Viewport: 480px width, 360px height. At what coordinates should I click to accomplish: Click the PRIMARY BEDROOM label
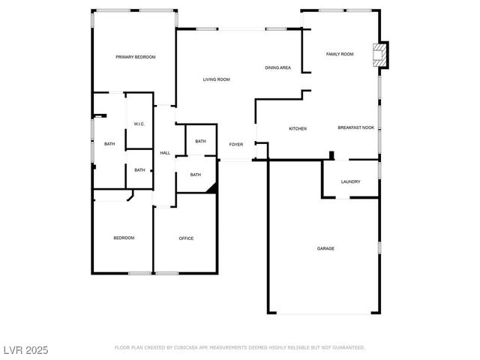(x=135, y=57)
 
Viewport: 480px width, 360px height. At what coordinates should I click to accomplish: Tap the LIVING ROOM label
(x=216, y=79)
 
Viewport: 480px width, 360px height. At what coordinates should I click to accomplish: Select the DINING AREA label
(x=277, y=68)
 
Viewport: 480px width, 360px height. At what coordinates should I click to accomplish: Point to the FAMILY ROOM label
(x=339, y=54)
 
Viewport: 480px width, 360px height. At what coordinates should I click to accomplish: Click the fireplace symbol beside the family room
(x=381, y=55)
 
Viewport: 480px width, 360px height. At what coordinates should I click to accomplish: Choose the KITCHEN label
(x=298, y=129)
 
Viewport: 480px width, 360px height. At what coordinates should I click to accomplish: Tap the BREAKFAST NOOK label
(x=355, y=128)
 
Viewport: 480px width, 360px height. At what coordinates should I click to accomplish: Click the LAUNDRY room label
(x=350, y=181)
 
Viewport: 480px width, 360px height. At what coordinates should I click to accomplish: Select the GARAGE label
(x=325, y=248)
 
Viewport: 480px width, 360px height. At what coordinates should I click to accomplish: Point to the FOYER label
(x=236, y=144)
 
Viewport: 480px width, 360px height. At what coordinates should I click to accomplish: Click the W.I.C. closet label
(x=139, y=124)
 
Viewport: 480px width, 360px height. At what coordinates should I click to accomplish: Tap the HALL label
(x=165, y=153)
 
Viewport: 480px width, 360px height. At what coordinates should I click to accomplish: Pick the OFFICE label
(x=186, y=238)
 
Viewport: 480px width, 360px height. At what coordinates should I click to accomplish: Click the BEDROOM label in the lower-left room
(x=124, y=238)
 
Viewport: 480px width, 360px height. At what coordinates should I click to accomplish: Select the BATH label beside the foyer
(x=200, y=141)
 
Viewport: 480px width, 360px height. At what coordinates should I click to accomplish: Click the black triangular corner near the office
(x=212, y=189)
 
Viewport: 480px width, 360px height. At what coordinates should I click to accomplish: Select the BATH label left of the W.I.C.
(x=109, y=144)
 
